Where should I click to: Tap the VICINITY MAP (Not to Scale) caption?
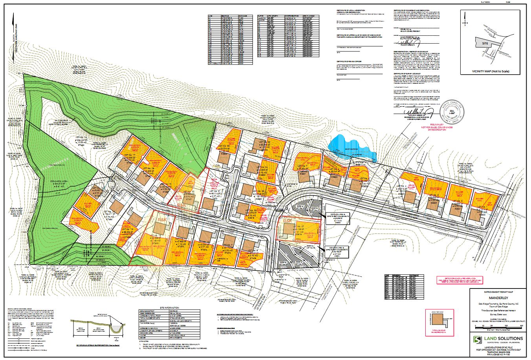coord(493,72)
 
